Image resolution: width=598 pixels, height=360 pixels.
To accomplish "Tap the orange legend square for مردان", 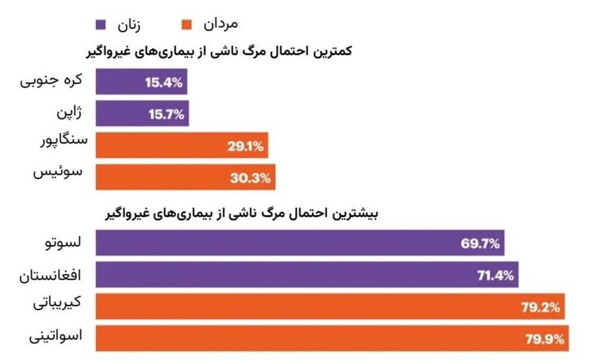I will (187, 25).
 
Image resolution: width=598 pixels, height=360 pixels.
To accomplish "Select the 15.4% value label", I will (163, 83).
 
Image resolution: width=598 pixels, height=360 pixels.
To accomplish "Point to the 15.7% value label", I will (164, 114).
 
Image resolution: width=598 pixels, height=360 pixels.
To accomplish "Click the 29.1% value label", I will (245, 145).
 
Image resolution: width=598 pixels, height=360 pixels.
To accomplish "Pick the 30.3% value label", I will (252, 177).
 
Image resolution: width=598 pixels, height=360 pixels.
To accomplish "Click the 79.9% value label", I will (544, 340).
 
